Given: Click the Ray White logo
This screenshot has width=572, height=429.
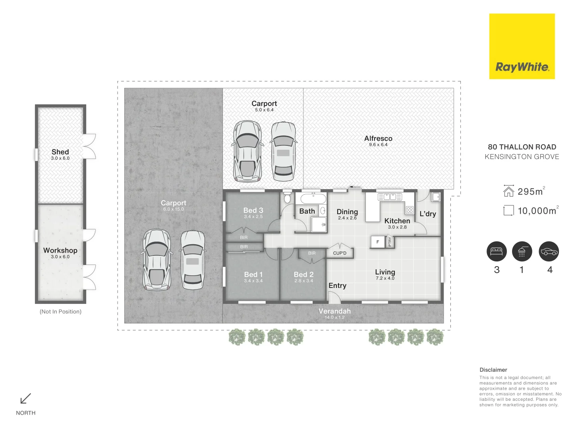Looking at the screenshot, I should (x=522, y=46).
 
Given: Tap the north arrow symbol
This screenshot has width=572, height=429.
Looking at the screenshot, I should (x=26, y=398).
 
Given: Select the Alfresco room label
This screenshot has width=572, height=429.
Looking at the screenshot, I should (x=378, y=138).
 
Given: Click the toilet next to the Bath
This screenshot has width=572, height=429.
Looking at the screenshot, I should (x=287, y=197).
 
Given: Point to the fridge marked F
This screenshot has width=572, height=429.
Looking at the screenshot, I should (x=377, y=242).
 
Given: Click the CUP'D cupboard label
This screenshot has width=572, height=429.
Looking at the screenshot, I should (x=340, y=253).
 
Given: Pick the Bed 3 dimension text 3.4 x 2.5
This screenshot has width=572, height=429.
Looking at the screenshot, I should (x=253, y=217).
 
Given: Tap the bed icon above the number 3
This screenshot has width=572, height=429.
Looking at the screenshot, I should (x=497, y=251).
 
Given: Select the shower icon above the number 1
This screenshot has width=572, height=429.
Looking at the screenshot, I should (x=522, y=251).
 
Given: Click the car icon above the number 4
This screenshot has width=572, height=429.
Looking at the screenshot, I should (x=549, y=251).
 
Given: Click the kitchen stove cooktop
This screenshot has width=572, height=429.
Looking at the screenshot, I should (x=410, y=210).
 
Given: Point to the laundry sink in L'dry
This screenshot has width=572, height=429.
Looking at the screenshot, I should (x=436, y=197).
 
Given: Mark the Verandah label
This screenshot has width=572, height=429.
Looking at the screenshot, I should (x=334, y=311).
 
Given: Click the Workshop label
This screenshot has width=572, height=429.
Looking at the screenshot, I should (x=60, y=250).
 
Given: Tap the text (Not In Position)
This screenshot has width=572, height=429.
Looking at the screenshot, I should (x=60, y=312).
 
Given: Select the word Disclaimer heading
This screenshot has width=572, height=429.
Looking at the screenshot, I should (x=493, y=370).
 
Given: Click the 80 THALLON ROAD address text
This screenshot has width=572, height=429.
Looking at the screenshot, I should (x=522, y=147).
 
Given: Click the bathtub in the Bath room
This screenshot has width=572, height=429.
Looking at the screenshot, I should (x=313, y=199).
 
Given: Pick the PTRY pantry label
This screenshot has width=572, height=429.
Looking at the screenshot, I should (x=390, y=242).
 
